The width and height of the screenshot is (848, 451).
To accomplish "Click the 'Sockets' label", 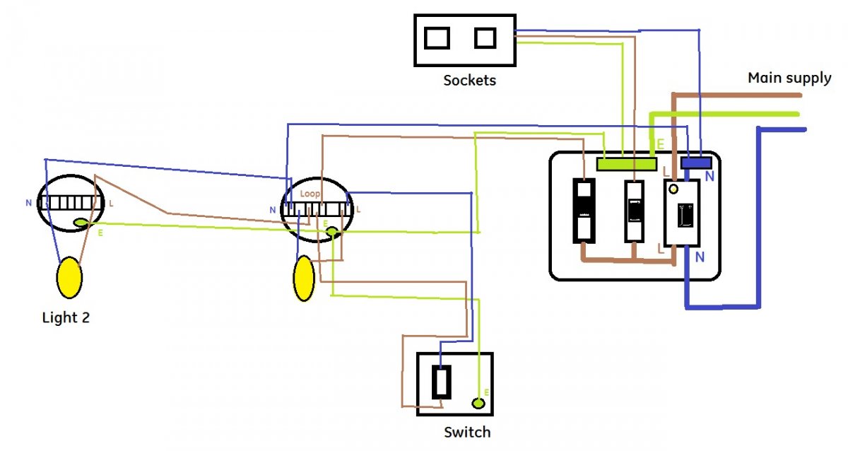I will [469, 80].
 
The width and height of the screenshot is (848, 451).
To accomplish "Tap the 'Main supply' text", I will [789, 78].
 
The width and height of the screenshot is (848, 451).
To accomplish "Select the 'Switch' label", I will [466, 431].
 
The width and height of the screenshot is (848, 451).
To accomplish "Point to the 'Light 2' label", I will [66, 317].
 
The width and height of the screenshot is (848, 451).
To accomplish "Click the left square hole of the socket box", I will [437, 37].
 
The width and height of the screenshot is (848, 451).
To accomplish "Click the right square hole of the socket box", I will [485, 37].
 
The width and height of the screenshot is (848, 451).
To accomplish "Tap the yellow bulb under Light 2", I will [69, 277].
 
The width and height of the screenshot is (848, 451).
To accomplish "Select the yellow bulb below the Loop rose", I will [304, 278].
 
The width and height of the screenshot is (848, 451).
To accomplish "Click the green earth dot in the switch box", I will [478, 404].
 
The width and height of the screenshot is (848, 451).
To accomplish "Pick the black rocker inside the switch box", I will [442, 382].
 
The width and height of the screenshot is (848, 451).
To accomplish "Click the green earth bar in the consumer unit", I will [626, 163].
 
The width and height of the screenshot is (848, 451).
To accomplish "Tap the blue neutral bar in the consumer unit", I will [695, 163].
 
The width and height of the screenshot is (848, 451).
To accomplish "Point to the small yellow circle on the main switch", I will [673, 189].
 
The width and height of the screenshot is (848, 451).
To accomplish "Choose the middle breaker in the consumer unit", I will [634, 211].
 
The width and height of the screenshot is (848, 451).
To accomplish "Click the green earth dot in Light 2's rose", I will [81, 223].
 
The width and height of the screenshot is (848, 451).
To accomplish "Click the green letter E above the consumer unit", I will [661, 144].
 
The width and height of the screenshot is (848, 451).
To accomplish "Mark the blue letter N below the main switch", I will [699, 257].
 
